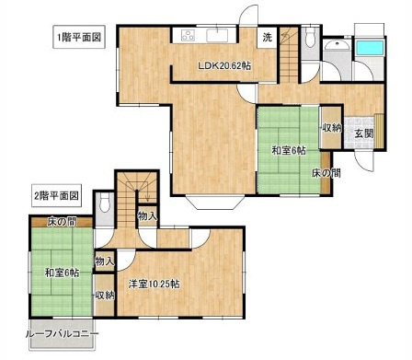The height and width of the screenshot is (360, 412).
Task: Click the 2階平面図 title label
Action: coord(58,195)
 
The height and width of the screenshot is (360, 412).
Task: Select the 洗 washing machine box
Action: coord(267,38)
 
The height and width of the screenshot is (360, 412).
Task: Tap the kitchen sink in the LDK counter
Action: coord(219,36)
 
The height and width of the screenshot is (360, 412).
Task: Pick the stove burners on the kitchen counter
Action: coord(189,36)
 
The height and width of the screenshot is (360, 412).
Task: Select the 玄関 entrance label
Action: coord(364,133)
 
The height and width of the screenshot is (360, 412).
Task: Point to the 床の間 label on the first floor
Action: coord(327,172)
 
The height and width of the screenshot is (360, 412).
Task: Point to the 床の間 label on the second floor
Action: coord(58,222)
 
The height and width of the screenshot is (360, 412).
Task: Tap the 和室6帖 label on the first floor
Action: coord(289,150)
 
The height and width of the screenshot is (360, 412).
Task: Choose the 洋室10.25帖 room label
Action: coord(154,284)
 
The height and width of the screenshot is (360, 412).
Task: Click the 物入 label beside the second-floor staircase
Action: coord(145,215)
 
